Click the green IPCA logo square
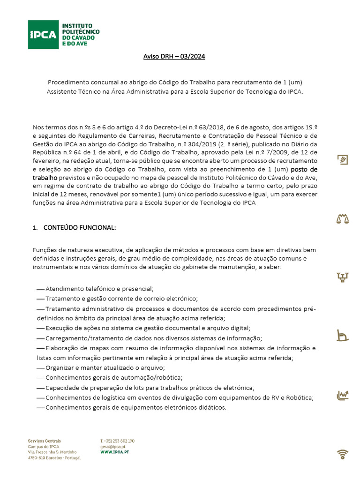[43, 34]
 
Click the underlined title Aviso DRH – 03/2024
[174, 57]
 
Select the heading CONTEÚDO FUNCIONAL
[79, 228]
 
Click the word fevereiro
[47, 161]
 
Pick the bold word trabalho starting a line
[45, 178]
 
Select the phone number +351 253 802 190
[119, 441]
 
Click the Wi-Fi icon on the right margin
[343, 454]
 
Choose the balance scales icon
[343, 218]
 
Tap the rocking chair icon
[343, 336]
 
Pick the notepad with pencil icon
[343, 160]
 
